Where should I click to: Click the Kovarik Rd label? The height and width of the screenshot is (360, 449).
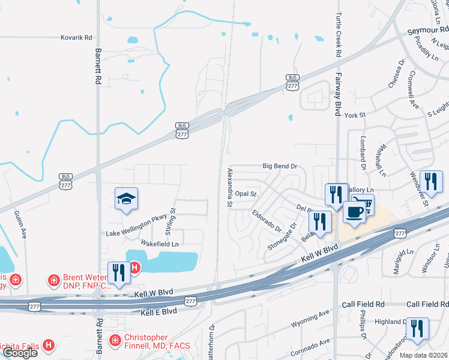click(x=76, y=37)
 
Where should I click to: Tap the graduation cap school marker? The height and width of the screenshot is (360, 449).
click(x=127, y=199)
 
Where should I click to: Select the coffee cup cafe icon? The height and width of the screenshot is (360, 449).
click(x=354, y=214)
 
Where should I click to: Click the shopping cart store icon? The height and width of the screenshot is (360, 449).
click(x=363, y=205)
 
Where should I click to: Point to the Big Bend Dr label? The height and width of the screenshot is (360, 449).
click(x=280, y=166)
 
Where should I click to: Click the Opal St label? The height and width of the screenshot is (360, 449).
click(x=246, y=194)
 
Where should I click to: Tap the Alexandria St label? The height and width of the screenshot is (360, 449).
click(x=229, y=187)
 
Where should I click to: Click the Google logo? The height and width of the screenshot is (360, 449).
click(x=20, y=353)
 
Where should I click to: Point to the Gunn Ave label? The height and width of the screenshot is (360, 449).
click(x=25, y=224)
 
